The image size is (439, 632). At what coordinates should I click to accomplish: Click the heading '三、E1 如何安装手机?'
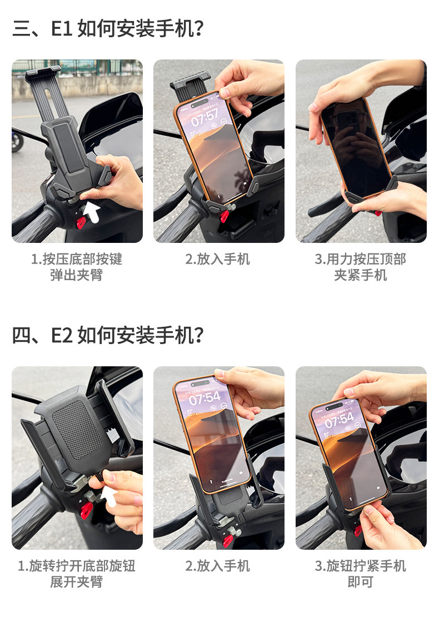[x=108, y=28]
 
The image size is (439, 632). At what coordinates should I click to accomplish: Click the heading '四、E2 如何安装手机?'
[x=108, y=335]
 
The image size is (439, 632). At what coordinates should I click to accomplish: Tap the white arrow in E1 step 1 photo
[x=92, y=212]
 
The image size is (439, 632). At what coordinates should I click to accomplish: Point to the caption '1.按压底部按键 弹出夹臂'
[x=77, y=267]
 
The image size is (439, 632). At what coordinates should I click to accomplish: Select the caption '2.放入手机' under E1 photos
[x=218, y=259]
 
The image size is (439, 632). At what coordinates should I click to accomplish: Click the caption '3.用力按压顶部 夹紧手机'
[x=361, y=267]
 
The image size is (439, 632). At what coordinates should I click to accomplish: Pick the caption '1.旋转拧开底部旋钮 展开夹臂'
[x=77, y=574]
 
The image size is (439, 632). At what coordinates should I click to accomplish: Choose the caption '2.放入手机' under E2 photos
[x=218, y=566]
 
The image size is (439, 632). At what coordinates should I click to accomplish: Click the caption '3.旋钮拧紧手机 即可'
[x=361, y=574]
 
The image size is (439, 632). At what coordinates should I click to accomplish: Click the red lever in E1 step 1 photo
[x=82, y=222]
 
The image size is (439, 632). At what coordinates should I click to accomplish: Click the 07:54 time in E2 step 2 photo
[x=205, y=398]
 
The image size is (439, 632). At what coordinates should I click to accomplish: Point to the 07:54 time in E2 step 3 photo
[x=340, y=420]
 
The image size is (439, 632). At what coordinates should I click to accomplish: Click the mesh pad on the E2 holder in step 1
[x=77, y=430]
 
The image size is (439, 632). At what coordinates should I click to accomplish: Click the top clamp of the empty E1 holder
[x=43, y=73]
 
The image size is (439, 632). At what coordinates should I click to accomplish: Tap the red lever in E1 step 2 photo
[x=224, y=216]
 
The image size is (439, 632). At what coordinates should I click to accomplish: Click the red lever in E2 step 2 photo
[x=228, y=540]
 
